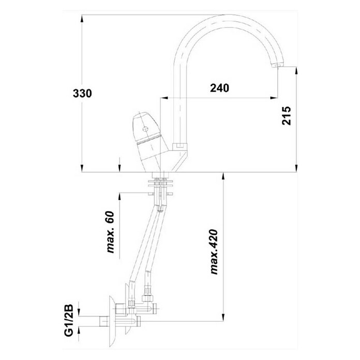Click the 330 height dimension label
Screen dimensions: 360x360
pos(82,94)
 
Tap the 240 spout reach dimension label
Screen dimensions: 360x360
pos(219,88)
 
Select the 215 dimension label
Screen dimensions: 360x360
pos(287,116)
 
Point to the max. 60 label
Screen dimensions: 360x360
pos(111,232)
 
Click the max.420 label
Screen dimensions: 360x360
pos(214,251)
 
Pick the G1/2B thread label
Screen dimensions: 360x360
pos(69,320)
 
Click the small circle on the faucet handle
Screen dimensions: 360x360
pos(145,129)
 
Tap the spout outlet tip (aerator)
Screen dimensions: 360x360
pos(277,65)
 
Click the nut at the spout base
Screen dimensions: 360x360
pos(180,146)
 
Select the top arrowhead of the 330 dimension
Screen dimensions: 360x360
pos(82,19)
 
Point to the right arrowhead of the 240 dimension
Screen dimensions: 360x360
pos(274,98)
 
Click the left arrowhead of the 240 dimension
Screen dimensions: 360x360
pos(163,98)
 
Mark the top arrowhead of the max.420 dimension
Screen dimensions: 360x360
pos(223,176)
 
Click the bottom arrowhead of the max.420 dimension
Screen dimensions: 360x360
pos(223,317)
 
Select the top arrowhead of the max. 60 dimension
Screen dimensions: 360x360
pos(119,197)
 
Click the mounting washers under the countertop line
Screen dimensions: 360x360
pos(160,183)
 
